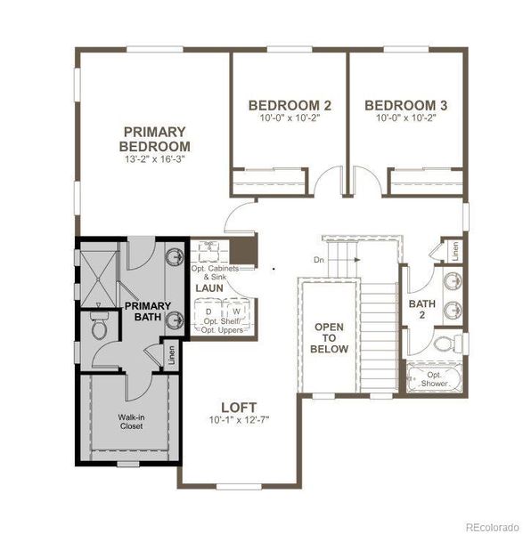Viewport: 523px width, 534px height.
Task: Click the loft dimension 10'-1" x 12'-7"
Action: pos(240,420)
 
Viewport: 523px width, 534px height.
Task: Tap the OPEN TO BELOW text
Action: pos(328,338)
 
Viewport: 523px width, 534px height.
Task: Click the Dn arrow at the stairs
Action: pos(344,260)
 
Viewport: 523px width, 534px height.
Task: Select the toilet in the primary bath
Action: pos(98,329)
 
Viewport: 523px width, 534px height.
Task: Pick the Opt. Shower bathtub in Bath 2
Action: pos(434,379)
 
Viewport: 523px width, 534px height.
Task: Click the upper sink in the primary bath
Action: pos(172,257)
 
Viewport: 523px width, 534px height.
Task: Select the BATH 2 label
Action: pos(421,309)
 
